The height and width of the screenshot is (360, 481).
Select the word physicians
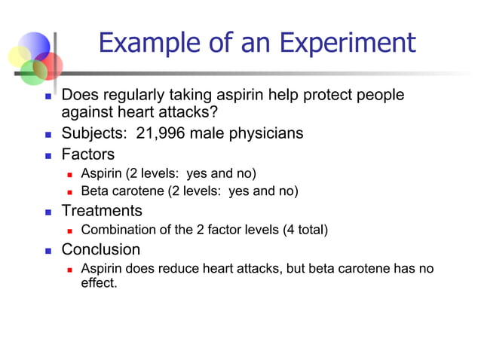[266, 133]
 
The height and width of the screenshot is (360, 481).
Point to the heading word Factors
[87, 154]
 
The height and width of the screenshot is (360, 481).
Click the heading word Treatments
[101, 211]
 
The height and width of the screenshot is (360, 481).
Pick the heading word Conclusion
[100, 249]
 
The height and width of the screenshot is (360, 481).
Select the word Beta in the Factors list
[95, 191]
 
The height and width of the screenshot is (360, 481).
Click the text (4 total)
[305, 230]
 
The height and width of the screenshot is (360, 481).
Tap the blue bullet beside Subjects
[48, 135]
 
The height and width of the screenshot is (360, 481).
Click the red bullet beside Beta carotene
[69, 192]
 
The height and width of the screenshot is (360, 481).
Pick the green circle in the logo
[32, 72]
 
